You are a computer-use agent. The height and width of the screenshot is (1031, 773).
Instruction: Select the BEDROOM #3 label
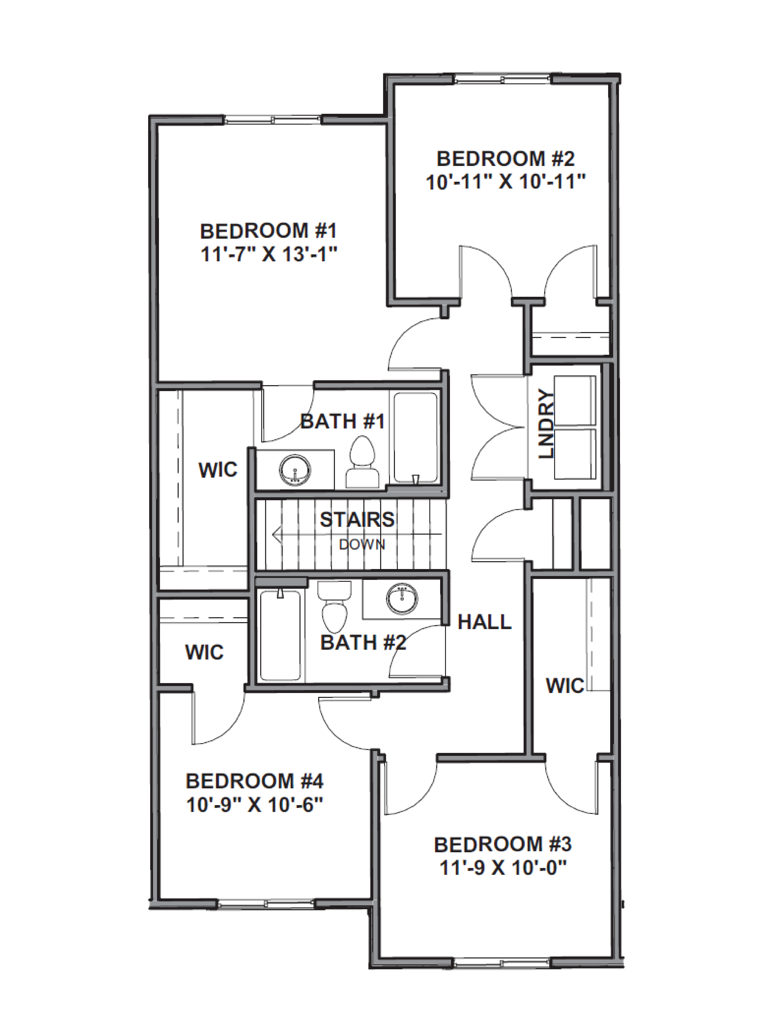point(503,844)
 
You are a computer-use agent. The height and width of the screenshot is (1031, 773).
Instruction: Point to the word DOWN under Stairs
point(362,544)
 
